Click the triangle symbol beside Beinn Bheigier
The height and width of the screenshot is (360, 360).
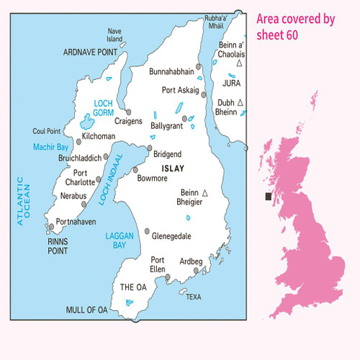coord(205,192)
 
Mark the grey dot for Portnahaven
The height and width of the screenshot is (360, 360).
coord(51,227)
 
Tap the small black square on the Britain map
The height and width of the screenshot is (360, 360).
coord(269,196)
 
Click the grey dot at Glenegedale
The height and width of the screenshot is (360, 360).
coord(147,232)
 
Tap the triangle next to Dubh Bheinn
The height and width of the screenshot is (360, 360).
coord(240,103)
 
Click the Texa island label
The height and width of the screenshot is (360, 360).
coord(193,296)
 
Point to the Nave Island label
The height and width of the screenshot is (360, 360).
coord(114,35)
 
